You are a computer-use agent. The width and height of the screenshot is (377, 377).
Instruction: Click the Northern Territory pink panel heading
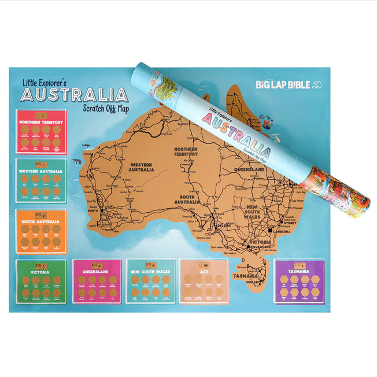(40, 123)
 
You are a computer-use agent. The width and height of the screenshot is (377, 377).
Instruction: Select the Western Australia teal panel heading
(40, 171)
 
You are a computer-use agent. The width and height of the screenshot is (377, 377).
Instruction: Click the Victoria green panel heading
(40, 271)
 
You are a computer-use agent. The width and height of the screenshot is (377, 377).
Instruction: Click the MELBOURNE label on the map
(260, 247)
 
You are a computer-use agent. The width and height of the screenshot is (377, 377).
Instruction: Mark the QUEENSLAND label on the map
(249, 169)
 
